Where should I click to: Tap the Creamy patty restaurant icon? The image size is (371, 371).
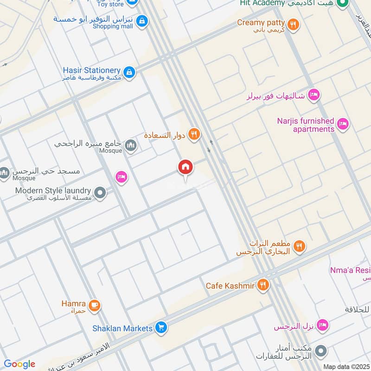[x=292, y=25]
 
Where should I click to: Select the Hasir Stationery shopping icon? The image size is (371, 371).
[x=130, y=72]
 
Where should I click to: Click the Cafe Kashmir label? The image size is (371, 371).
[x=230, y=286]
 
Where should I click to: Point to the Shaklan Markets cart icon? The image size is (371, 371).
[x=161, y=328]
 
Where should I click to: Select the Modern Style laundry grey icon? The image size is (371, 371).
[x=99, y=192]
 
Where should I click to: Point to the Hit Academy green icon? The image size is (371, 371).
[x=343, y=4]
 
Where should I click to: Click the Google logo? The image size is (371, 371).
[x=19, y=364]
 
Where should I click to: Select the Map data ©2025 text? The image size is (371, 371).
[x=345, y=366]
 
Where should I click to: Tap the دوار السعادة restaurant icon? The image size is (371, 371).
[x=194, y=134]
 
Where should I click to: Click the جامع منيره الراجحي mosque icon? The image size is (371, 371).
[x=131, y=146]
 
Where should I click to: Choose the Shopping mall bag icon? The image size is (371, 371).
[x=142, y=21]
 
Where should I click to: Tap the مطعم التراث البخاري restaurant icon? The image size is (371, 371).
[x=299, y=246]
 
